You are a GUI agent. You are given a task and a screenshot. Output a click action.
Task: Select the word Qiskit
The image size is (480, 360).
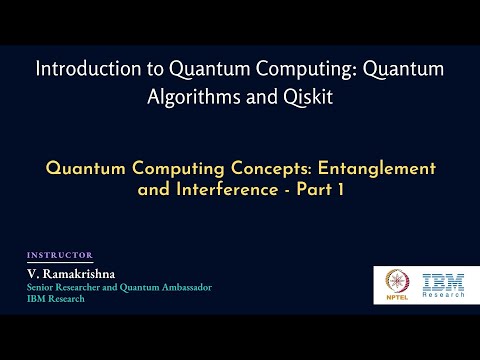pyautogui.click(x=302, y=99)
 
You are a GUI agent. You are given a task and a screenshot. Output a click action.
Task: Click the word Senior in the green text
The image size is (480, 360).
pyautogui.click(x=45, y=287)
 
